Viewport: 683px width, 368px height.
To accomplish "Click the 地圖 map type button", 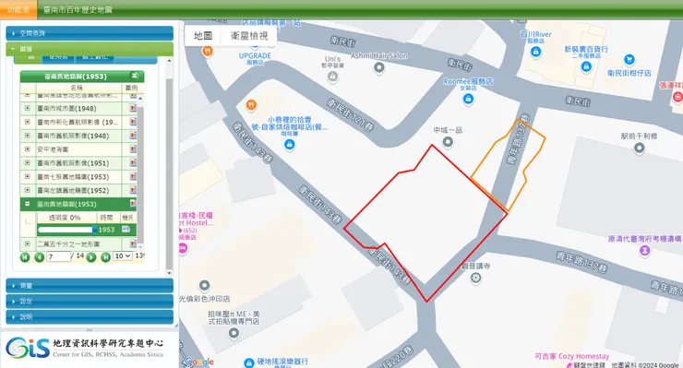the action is [203, 36].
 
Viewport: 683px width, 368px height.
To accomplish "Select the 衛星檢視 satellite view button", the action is [249, 36].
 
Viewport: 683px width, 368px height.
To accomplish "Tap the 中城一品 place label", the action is [447, 130].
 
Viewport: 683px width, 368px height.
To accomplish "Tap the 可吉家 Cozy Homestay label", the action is [572, 355].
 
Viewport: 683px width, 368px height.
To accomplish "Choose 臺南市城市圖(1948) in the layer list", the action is [73, 109].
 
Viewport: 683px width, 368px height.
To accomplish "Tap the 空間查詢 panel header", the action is [90, 33].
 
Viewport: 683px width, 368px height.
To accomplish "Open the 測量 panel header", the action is [90, 286].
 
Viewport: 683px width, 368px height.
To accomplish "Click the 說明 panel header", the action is [90, 316].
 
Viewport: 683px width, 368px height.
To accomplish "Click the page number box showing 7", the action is [57, 255].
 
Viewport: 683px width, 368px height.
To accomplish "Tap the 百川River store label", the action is [536, 35].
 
